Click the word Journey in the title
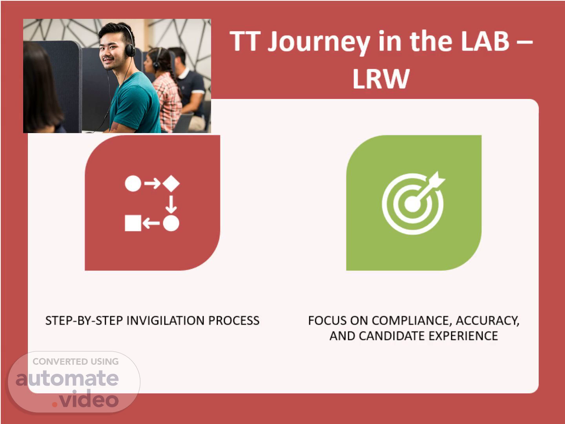tap(319, 42)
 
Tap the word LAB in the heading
tap(485, 41)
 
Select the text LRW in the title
tap(381, 79)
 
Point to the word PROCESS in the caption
tap(234, 320)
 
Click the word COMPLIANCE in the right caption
tap(412, 320)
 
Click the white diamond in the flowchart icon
tap(171, 184)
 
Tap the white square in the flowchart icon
tap(133, 223)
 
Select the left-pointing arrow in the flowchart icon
tap(151, 223)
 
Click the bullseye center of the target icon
tap(413, 204)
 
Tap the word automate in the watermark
tap(67, 378)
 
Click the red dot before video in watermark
tap(55, 404)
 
